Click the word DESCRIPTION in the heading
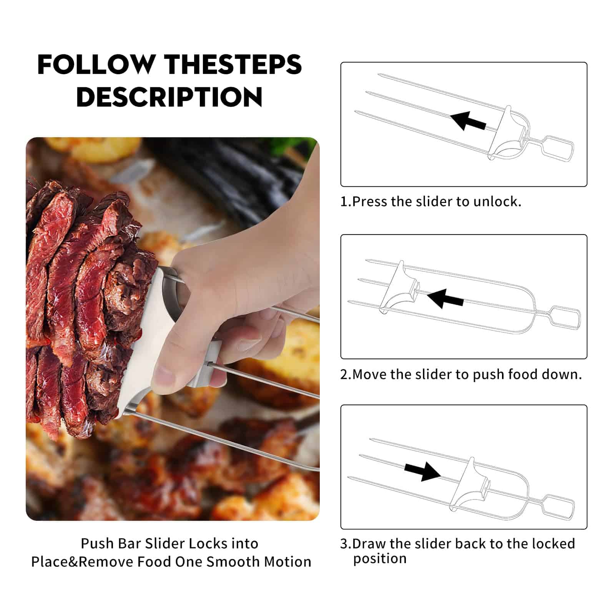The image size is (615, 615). [170, 96]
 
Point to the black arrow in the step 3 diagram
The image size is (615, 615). [422, 470]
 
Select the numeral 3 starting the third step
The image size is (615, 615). [344, 544]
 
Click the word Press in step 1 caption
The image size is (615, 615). [369, 201]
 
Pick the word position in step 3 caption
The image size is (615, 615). [380, 558]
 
